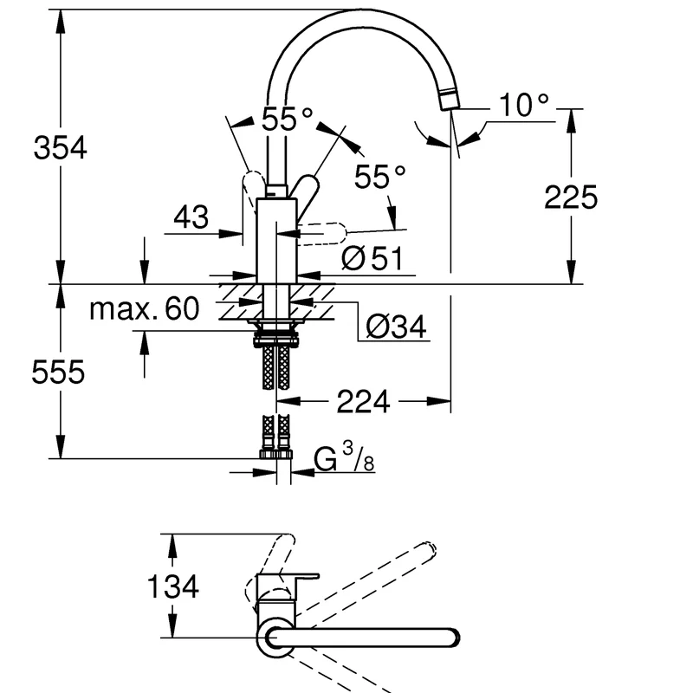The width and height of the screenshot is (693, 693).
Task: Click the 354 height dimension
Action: point(60,147)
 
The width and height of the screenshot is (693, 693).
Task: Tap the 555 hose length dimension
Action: point(58,372)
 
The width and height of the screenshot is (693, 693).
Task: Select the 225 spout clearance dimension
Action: point(571,198)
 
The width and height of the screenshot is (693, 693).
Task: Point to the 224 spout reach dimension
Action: point(363,401)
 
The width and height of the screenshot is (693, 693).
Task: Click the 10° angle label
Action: point(524,105)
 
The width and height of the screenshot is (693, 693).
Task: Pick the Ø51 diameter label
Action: point(372,258)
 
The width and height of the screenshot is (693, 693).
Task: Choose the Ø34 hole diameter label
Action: point(396,327)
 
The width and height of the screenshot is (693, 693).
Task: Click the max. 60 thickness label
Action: point(145,308)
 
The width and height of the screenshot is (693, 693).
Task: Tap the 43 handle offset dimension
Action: point(191,217)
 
